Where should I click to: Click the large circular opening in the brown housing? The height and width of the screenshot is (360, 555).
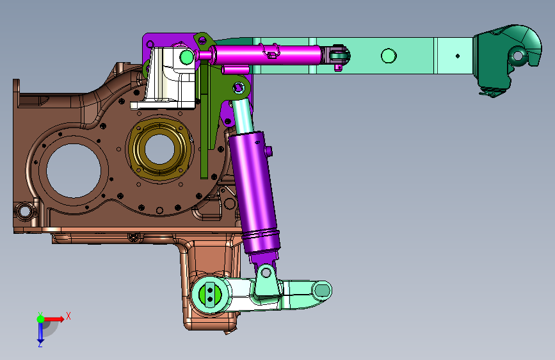[x=74, y=171]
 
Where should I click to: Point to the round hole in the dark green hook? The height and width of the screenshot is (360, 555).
[x=517, y=56]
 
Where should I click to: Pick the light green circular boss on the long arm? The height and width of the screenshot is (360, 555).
[x=389, y=56]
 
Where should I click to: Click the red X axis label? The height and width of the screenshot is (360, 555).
[x=68, y=316]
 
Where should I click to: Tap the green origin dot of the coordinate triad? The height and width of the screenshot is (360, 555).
[x=40, y=319]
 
